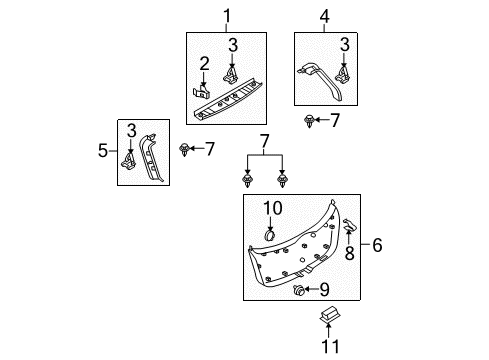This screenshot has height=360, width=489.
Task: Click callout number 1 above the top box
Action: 227,16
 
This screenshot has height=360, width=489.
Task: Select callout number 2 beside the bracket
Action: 204,64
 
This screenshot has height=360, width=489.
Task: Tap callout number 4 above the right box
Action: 325,16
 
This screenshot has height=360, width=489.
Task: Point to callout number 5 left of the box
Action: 103,151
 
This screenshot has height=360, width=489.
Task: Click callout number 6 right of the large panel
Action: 377,245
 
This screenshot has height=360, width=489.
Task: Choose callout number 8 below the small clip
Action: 349,253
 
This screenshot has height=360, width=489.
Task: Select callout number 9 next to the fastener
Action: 324,289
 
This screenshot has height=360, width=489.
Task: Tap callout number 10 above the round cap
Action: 273,208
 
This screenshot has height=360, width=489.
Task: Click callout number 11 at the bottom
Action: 330,346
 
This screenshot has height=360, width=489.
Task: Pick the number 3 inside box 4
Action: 345,45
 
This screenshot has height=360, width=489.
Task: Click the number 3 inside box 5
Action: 132,131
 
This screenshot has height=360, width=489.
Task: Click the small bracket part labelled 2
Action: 202,92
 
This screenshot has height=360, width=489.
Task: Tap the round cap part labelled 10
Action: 269,235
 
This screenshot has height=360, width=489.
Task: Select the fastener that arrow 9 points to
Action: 297,290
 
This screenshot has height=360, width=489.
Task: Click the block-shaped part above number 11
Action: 330,315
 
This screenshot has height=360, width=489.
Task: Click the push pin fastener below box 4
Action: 310,121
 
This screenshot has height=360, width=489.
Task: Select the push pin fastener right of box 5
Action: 184,150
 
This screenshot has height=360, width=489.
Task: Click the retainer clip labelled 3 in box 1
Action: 230,75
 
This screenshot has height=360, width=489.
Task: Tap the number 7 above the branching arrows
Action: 264,141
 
